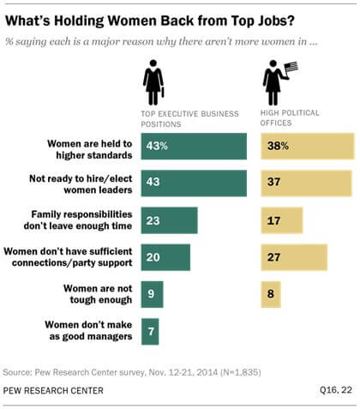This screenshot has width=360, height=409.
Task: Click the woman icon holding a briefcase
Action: pos(155,86)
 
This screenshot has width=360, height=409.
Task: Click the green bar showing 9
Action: pos(152,294)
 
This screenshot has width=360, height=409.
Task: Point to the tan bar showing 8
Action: pos(270,294)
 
